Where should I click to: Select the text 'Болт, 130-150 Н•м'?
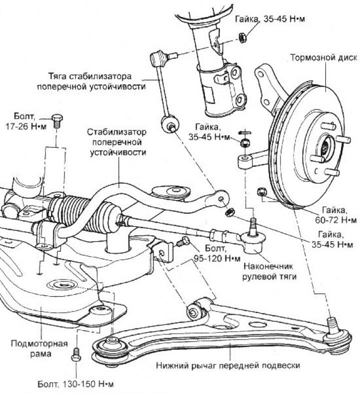(75, 385)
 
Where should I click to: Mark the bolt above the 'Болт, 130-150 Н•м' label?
(76, 354)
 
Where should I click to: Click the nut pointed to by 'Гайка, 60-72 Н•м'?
(260, 192)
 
